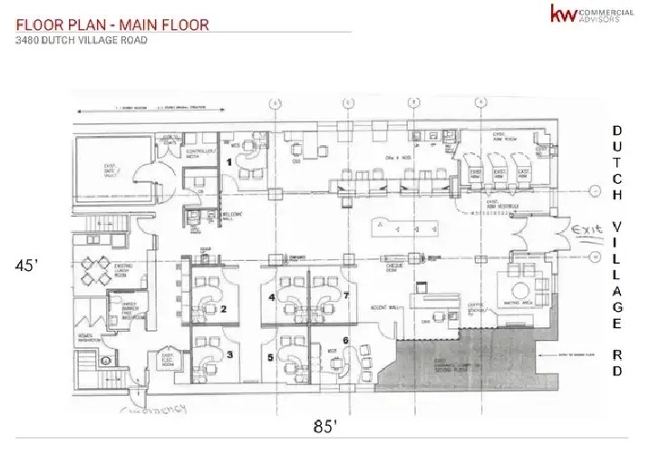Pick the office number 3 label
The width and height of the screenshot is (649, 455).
click(229, 354)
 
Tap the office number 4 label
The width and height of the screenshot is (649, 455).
click(271, 296)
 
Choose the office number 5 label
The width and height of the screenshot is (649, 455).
click(271, 357)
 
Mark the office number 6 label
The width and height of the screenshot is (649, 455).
click(345, 340)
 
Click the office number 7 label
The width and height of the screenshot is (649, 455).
click(345, 295)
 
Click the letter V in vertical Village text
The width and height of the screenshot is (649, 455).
click(616, 225)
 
